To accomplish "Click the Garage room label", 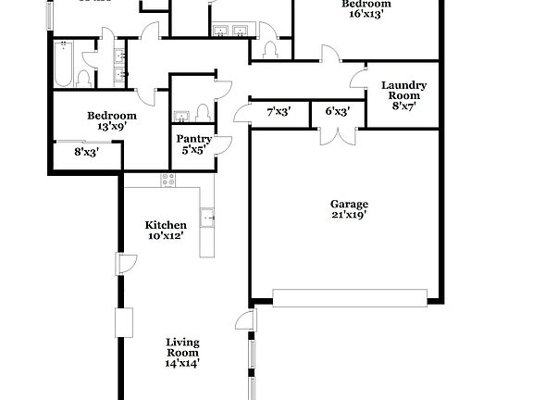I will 350,204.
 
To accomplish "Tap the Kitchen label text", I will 166,225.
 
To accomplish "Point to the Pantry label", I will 194,139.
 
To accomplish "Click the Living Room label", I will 182,346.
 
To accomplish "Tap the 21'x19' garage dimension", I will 350,215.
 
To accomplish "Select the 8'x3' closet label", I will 87,152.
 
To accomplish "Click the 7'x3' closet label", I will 279,111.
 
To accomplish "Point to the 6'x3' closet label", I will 338,111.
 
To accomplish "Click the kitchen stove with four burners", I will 167,181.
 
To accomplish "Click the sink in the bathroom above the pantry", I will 181,116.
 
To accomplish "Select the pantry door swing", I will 223,146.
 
